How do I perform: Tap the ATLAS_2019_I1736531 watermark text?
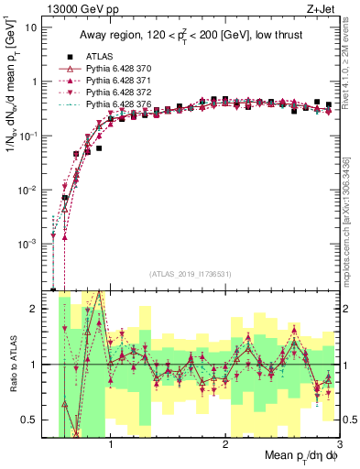click(x=191, y=274)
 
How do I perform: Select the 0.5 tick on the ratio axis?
click(x=31, y=420)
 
